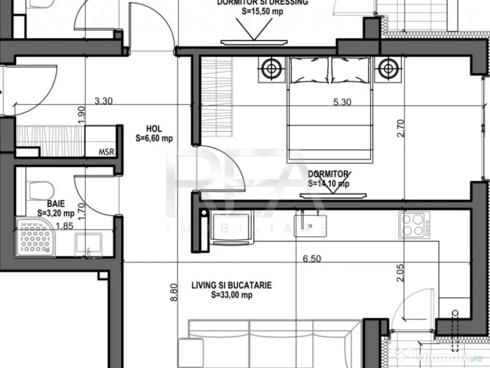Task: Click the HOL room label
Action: point(154,129)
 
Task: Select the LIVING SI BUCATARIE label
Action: point(232,286)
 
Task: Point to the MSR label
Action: point(106,152)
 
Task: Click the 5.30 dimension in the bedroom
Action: point(343,102)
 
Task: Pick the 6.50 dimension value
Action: point(312,259)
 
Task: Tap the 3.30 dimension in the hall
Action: point(104,101)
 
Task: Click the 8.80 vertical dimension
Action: point(174,292)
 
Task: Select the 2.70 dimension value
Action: point(401,128)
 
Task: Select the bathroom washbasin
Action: point(88,243)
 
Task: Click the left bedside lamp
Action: point(271,68)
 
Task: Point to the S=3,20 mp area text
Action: point(56,213)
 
